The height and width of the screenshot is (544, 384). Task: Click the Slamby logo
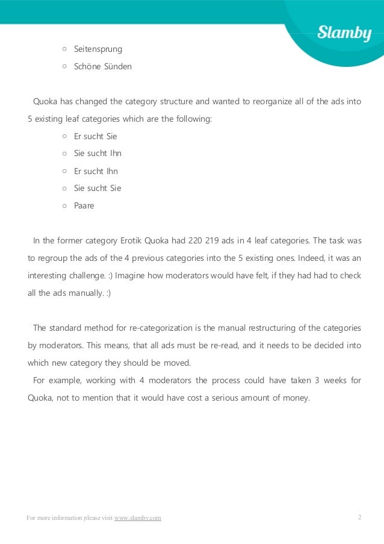tap(344, 34)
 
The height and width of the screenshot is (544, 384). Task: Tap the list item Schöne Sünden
tap(102, 67)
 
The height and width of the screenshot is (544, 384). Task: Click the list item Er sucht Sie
tap(95, 136)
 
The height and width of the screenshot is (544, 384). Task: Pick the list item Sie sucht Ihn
tap(98, 154)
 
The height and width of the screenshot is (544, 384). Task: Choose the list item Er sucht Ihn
tap(96, 171)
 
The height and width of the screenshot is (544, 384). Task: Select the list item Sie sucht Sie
tap(98, 189)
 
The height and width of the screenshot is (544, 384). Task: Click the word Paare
tap(84, 206)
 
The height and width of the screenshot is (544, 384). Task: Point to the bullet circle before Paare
tap(64, 206)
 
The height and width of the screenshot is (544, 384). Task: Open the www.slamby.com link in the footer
tap(137, 518)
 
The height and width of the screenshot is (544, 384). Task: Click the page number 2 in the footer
tap(359, 517)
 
